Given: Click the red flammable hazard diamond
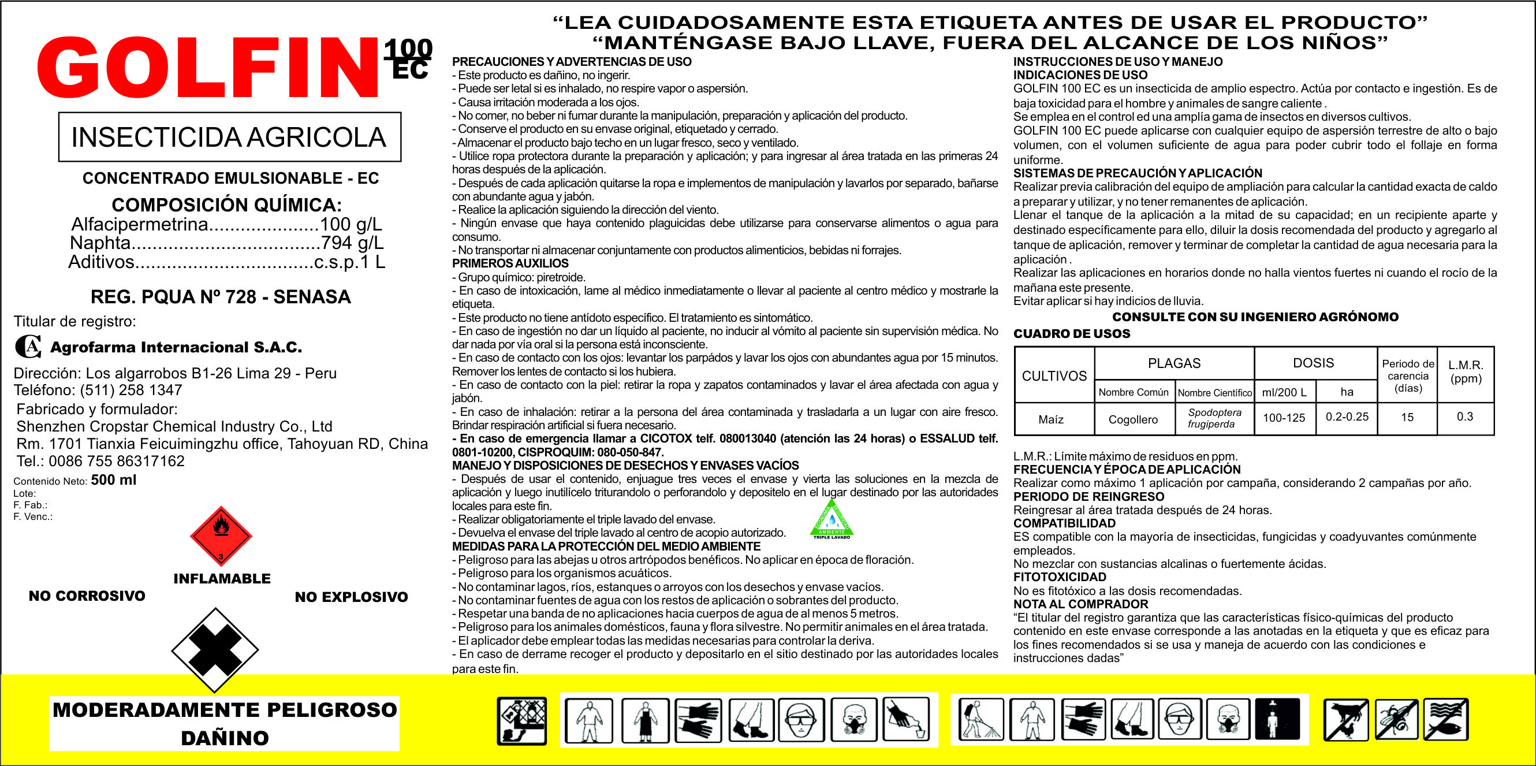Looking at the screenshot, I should (221, 536).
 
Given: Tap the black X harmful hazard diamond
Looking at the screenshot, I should (215, 650).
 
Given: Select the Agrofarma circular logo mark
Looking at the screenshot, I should (28, 347).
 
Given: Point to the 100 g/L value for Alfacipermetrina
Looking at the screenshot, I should (351, 224).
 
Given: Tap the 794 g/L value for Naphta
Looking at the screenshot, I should (352, 243).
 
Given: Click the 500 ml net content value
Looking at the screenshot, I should (113, 480).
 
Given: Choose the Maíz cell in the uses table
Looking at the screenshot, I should (1050, 419).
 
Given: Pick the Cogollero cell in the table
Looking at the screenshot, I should (1133, 419).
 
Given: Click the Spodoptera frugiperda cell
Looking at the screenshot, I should (1214, 418).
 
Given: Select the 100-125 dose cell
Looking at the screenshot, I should (1284, 418).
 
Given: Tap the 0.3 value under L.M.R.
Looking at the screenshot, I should (1464, 417).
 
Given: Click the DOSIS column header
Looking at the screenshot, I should (1313, 363).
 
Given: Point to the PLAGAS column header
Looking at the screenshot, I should (1173, 363).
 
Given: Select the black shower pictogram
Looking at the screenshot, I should (1277, 720).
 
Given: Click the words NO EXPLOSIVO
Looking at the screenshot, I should (351, 597).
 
